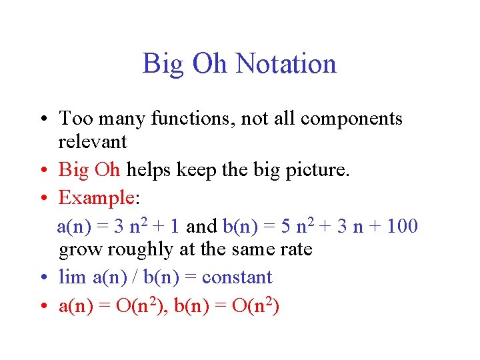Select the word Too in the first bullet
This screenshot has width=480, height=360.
click(x=71, y=119)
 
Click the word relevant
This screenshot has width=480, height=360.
click(x=93, y=141)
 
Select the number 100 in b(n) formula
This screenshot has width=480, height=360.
click(x=402, y=226)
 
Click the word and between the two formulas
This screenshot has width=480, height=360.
click(x=201, y=226)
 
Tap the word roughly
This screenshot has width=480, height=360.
click(x=133, y=249)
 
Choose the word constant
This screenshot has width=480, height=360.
click(x=237, y=277)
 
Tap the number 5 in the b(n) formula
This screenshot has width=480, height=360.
click(x=285, y=226)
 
